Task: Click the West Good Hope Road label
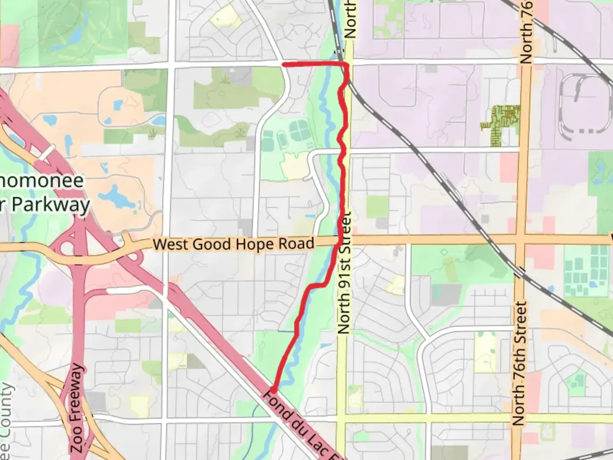point(233,244)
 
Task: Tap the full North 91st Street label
point(344,273)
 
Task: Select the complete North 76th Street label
point(519,363)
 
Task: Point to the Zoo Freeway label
point(77,408)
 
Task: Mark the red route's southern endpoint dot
point(273,390)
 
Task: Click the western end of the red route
point(284,64)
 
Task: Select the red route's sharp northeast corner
point(347,64)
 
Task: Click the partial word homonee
point(42,181)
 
